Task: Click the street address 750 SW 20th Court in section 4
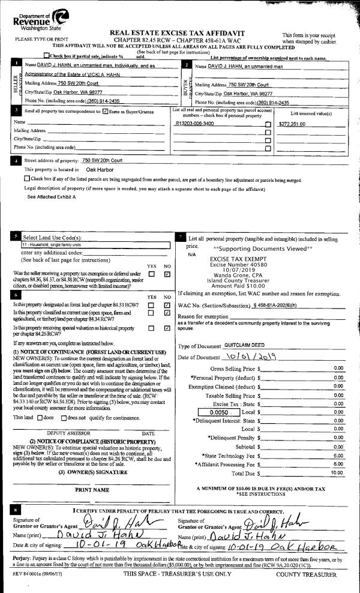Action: point(102,161)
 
